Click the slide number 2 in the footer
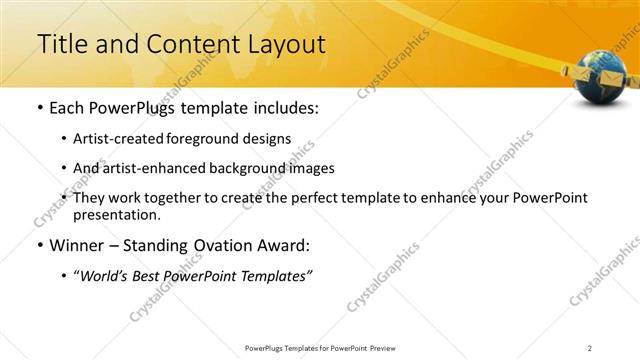(589, 347)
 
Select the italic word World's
(103, 276)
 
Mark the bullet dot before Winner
(39, 245)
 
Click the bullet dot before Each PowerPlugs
(39, 107)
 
